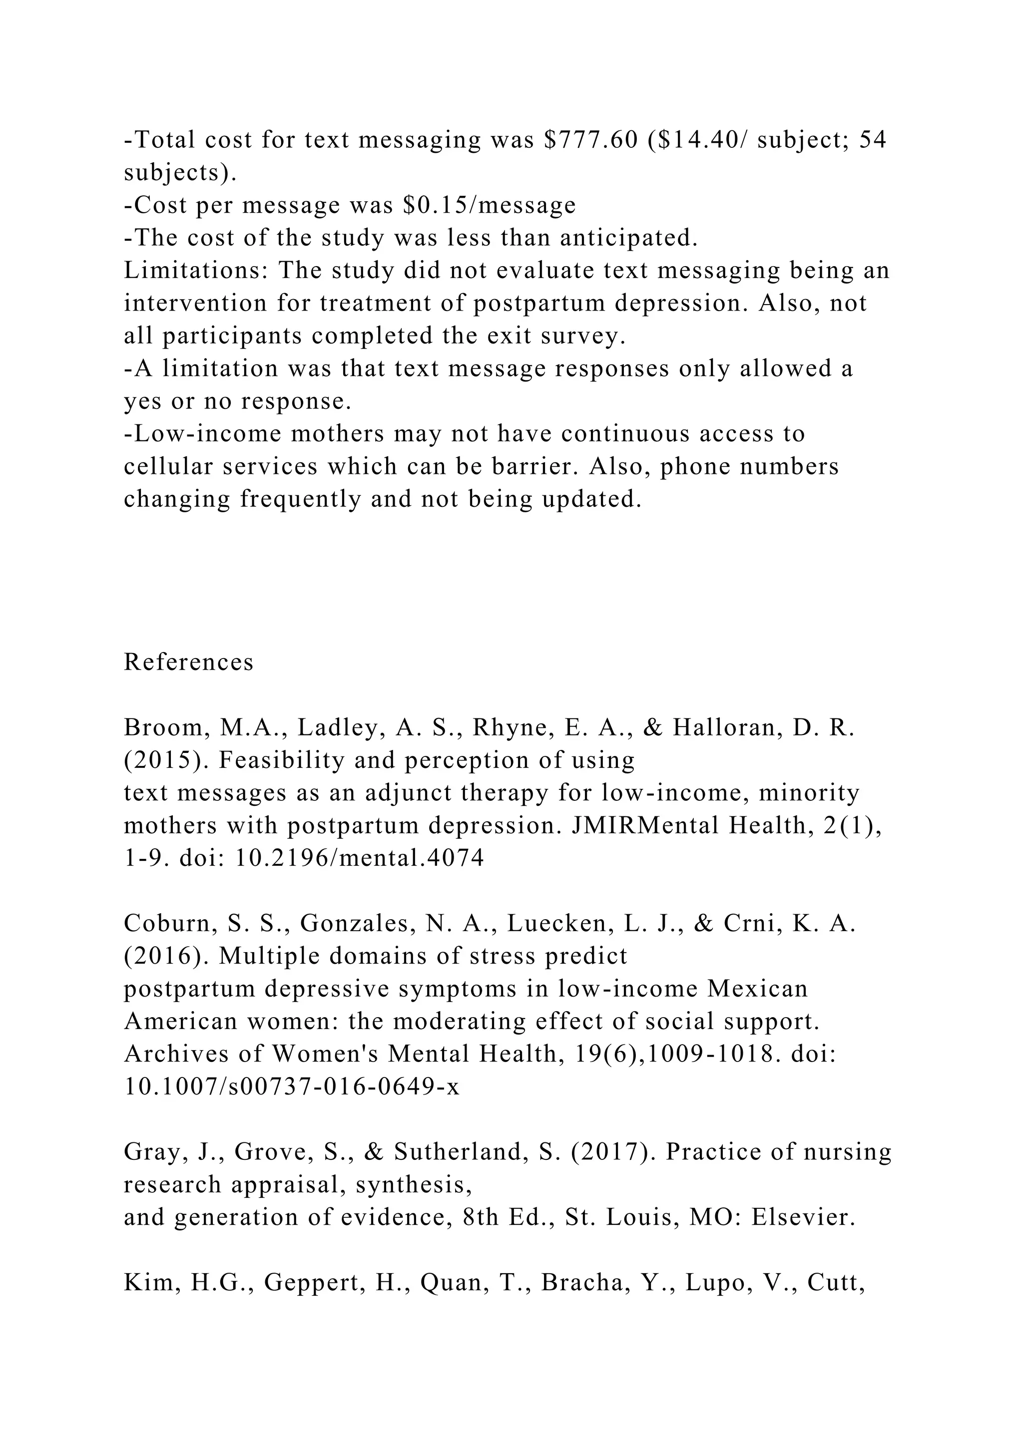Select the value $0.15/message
click(489, 205)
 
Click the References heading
click(188, 662)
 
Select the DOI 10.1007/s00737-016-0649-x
click(292, 1087)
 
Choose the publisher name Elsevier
click(804, 1217)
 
